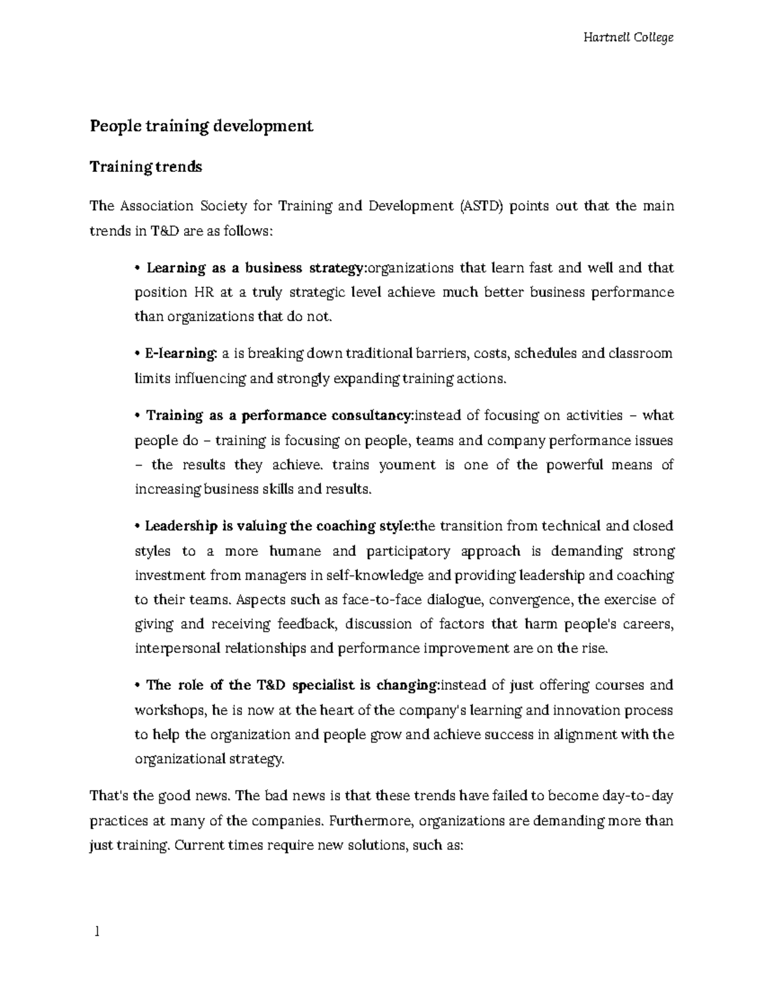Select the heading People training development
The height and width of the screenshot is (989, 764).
coord(201,126)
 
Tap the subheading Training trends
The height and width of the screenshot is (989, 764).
coord(146,167)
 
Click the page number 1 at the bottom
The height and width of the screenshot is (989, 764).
coord(97,932)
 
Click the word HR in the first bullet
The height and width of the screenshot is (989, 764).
coord(199,293)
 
